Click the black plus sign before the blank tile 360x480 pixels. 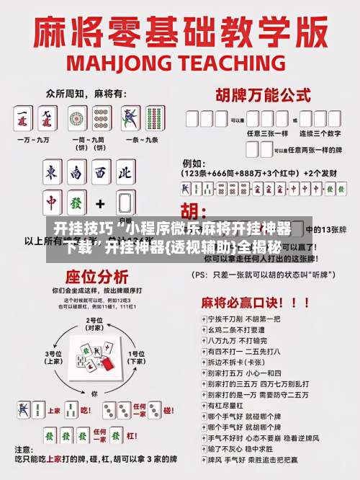100,203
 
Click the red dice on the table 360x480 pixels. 108,365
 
